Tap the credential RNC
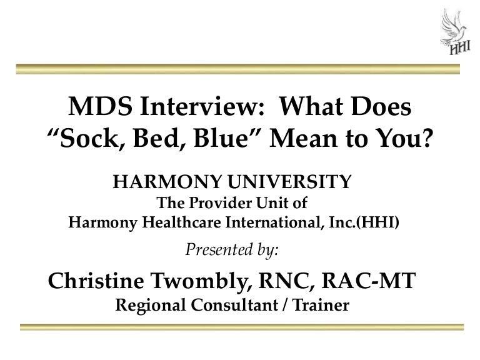point(292,281)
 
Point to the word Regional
point(149,306)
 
